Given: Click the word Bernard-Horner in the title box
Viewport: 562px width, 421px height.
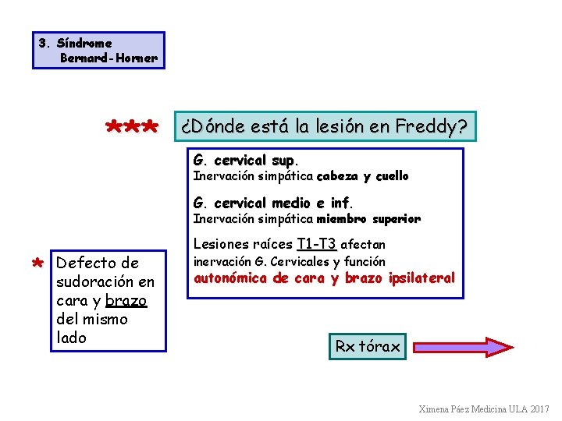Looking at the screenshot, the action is pyautogui.click(x=108, y=58).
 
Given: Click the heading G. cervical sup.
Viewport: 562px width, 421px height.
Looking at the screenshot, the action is pyautogui.click(x=245, y=161).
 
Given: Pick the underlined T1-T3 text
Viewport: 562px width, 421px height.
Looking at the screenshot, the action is pyautogui.click(x=316, y=243).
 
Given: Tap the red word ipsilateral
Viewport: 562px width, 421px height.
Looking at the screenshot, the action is pyautogui.click(x=421, y=278).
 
